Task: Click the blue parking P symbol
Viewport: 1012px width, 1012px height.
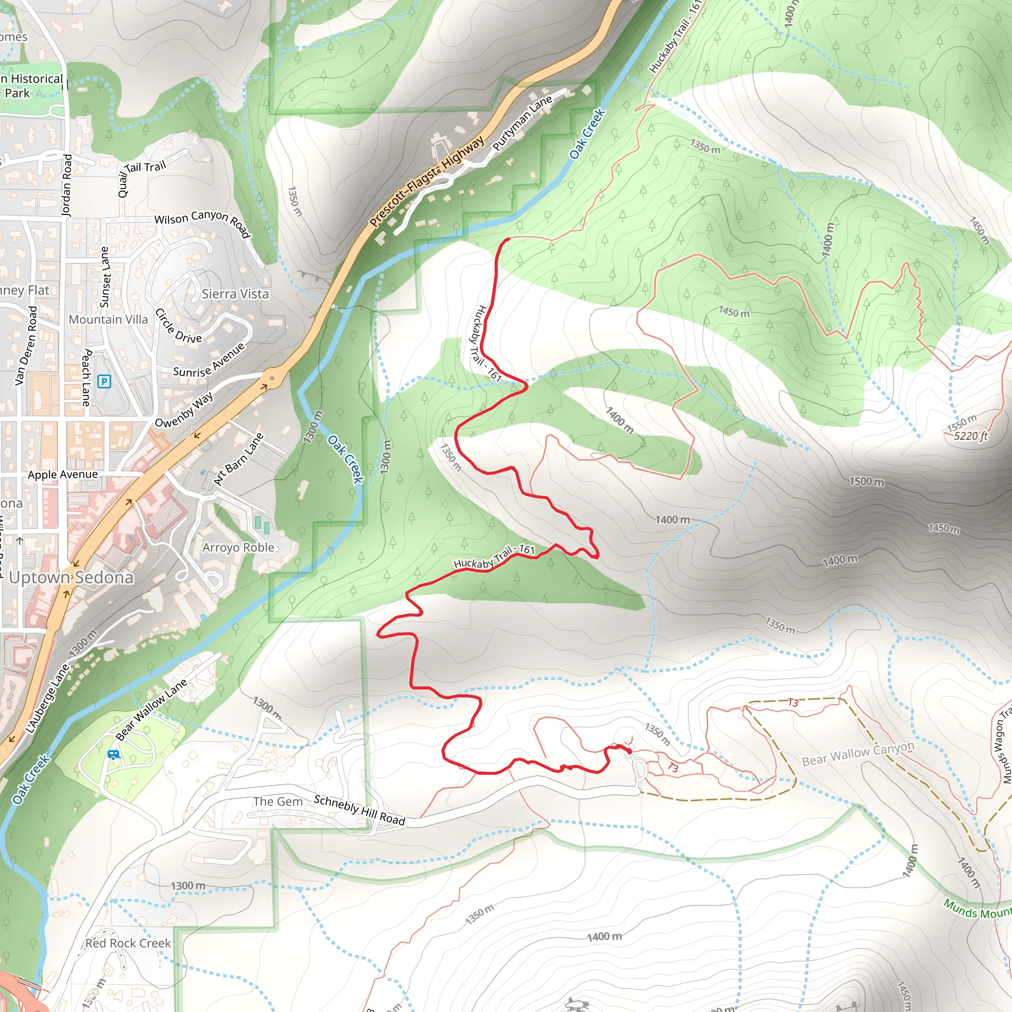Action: pos(104,381)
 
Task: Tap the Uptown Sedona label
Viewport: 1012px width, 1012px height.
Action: pos(72,577)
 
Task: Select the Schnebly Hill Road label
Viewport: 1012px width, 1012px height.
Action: pos(359,810)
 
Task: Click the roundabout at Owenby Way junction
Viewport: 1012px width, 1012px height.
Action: pos(271,378)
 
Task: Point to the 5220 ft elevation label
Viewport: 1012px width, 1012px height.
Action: pos(970,436)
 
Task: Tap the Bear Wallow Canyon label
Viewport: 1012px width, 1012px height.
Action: pos(858,754)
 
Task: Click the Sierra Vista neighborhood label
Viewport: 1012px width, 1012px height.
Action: pos(235,294)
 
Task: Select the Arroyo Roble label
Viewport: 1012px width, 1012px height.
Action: pos(238,548)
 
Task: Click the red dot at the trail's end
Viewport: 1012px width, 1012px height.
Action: pos(629,751)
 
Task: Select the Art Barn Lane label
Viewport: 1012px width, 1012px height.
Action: pos(238,459)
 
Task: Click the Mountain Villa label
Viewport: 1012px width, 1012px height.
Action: pos(108,320)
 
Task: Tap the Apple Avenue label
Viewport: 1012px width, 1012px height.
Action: pos(63,474)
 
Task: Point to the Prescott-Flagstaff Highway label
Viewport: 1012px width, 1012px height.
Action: pos(427,181)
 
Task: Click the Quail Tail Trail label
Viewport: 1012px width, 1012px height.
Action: pos(141,175)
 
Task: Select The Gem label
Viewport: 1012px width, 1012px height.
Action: pos(278,801)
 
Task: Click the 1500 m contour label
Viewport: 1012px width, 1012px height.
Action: pos(866,481)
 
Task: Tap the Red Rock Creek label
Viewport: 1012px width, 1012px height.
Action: pos(128,943)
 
